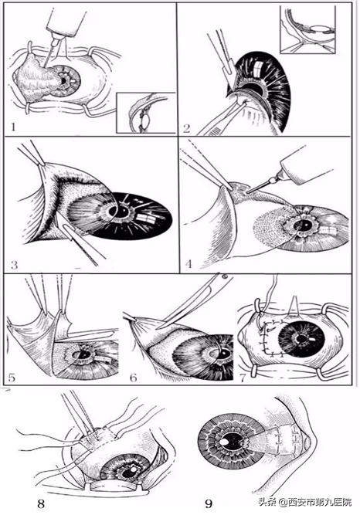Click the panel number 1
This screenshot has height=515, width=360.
13,127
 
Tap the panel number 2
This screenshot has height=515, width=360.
186,127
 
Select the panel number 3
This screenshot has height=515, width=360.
14,265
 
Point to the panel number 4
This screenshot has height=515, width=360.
188,264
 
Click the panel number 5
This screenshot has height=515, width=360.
12,378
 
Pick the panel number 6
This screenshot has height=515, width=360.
133,378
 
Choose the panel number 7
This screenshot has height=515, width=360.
243,378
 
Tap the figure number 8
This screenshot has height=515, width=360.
41,503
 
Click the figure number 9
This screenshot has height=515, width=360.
209,503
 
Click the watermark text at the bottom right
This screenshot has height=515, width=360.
305,502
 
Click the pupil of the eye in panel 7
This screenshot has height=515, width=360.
301,338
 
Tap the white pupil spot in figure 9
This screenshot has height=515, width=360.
224,442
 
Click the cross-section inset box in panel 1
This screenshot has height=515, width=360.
146,113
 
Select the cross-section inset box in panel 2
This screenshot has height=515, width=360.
307,29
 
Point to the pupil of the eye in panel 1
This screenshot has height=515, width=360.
64,80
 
